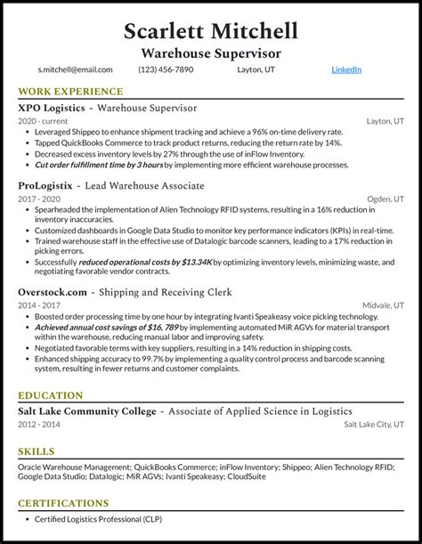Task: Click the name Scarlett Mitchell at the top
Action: pos(211,31)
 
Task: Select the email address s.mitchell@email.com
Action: pos(75,69)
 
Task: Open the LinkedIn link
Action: pos(347,69)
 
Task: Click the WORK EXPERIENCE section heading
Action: pos(70,92)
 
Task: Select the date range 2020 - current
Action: pos(43,121)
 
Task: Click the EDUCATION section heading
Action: pos(52,394)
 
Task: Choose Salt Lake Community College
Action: pos(87,410)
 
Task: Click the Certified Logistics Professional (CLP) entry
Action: pos(105,519)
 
